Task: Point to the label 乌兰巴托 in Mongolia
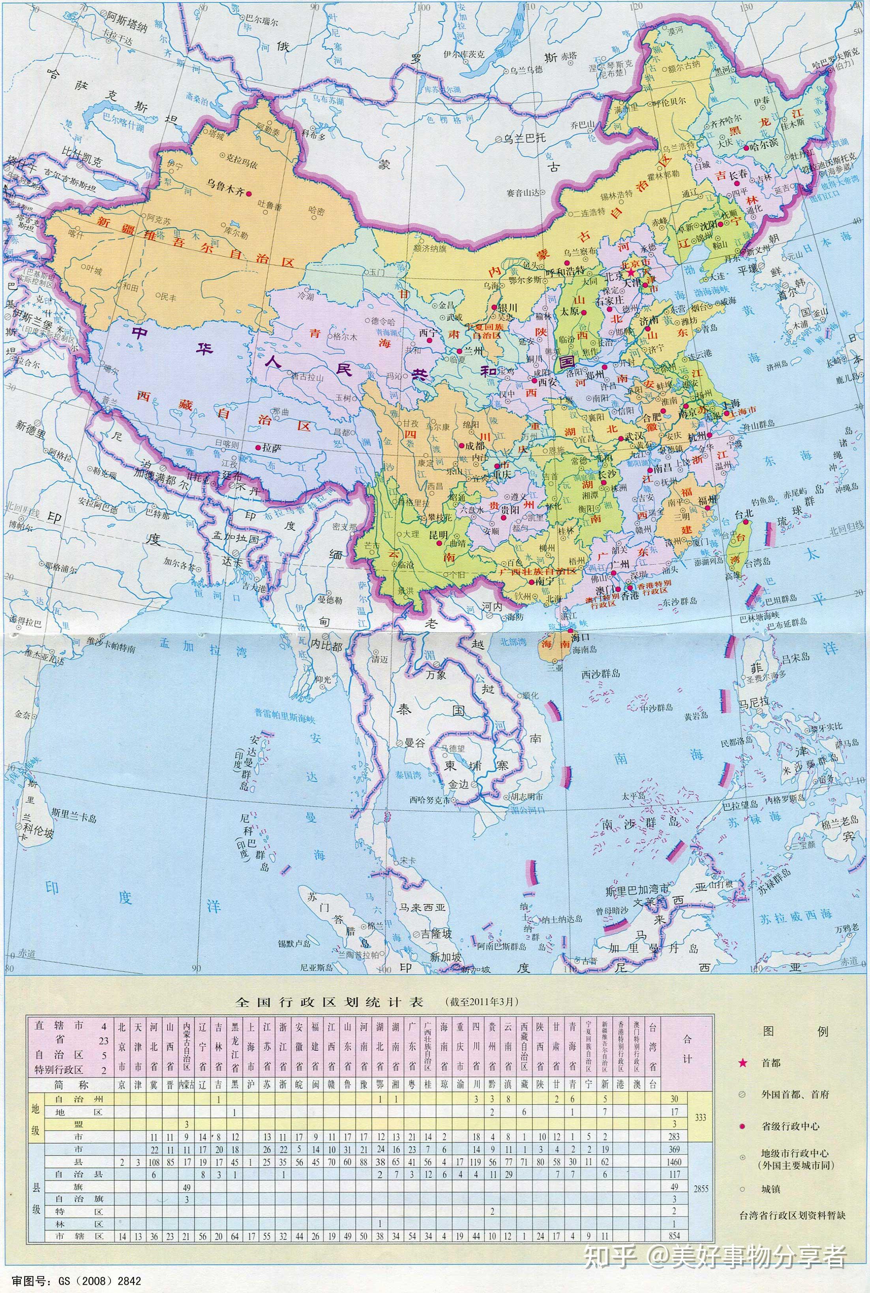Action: (524, 138)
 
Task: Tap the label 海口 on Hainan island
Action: (580, 637)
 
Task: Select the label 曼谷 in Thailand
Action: (413, 743)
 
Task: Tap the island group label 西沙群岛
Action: (600, 674)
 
